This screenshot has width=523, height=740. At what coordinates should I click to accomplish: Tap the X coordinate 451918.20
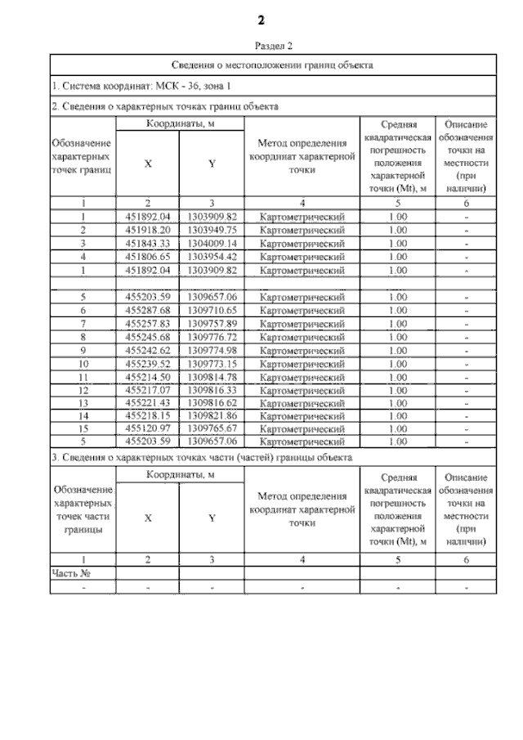148,231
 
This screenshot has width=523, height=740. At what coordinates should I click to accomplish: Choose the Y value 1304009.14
212,244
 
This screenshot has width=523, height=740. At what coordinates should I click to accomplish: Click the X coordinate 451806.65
148,256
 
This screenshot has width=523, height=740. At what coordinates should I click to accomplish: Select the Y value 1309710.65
212,311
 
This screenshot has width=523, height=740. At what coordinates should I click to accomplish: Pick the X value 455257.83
148,324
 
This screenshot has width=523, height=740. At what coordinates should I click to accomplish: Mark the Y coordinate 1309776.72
212,337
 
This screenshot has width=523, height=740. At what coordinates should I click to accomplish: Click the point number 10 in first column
83,363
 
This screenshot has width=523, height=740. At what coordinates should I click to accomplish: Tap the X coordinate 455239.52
148,363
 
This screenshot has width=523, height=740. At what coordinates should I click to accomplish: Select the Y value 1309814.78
212,376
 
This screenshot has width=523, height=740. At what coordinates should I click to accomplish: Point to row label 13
83,403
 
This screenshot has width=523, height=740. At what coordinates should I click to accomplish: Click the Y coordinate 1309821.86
212,415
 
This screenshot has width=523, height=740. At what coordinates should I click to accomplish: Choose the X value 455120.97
148,428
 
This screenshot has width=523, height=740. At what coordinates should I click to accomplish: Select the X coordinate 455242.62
148,350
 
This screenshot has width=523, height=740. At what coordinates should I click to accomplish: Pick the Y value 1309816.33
212,390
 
